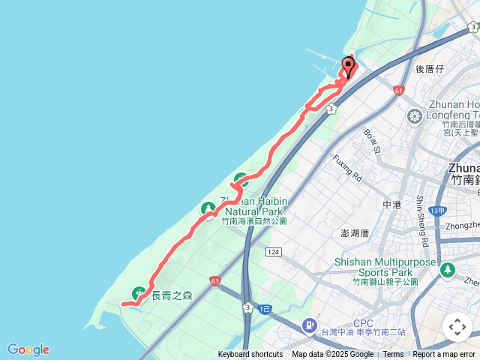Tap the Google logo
28,349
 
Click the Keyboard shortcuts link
250,355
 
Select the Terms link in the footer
393,355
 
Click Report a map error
444,355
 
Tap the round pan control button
457,327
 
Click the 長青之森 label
172,295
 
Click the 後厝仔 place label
430,69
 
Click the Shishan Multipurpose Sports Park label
385,268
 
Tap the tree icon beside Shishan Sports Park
448,268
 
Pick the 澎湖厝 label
354,233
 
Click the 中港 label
392,204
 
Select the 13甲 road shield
441,190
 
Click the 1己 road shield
264,308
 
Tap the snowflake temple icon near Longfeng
414,116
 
